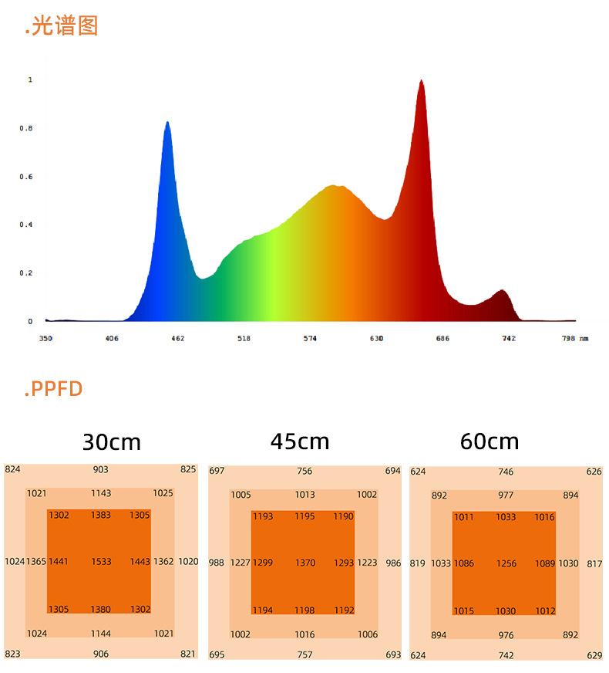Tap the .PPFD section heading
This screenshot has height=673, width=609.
pos(53,388)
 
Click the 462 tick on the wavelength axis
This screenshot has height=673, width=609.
pos(177,339)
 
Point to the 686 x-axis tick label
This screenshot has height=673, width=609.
pos(442,339)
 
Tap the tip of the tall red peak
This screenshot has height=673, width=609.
pos(421,81)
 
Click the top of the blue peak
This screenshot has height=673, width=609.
pos(167,123)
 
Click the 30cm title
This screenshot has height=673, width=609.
pos(112,442)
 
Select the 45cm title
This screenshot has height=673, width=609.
pos(300,441)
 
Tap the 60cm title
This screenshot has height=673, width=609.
pos(490,441)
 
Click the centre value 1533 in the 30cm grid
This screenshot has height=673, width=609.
pos(101,562)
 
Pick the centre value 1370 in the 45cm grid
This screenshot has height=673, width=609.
pos(305,563)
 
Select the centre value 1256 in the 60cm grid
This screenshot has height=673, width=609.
pos(506,564)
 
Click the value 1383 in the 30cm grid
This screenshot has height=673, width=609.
pos(101,515)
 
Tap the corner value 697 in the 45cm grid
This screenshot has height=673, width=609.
pos(217,471)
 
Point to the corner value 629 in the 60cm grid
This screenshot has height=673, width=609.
pos(594,655)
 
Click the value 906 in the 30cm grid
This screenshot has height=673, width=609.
pos(101,654)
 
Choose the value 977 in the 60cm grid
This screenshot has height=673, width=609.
pos(506,495)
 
